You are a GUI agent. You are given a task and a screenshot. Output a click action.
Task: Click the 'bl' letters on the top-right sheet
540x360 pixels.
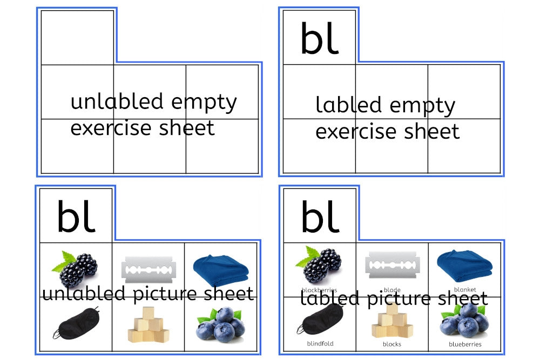[319, 38]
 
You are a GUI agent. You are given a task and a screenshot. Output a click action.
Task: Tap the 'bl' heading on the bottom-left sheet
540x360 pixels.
[76, 216]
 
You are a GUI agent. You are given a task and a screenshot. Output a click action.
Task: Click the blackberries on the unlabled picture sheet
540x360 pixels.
[76, 268]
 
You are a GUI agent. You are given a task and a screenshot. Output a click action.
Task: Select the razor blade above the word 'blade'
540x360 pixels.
[393, 264]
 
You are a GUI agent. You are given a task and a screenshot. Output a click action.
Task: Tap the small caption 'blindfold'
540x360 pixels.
[320, 343]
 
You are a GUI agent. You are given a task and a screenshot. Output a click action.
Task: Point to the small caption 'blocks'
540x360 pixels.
[392, 344]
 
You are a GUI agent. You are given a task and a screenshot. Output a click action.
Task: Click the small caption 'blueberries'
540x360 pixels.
[465, 344]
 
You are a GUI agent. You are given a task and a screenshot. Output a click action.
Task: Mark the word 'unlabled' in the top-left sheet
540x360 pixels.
[117, 101]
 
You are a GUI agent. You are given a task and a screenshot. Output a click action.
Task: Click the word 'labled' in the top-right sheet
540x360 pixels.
[349, 105]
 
